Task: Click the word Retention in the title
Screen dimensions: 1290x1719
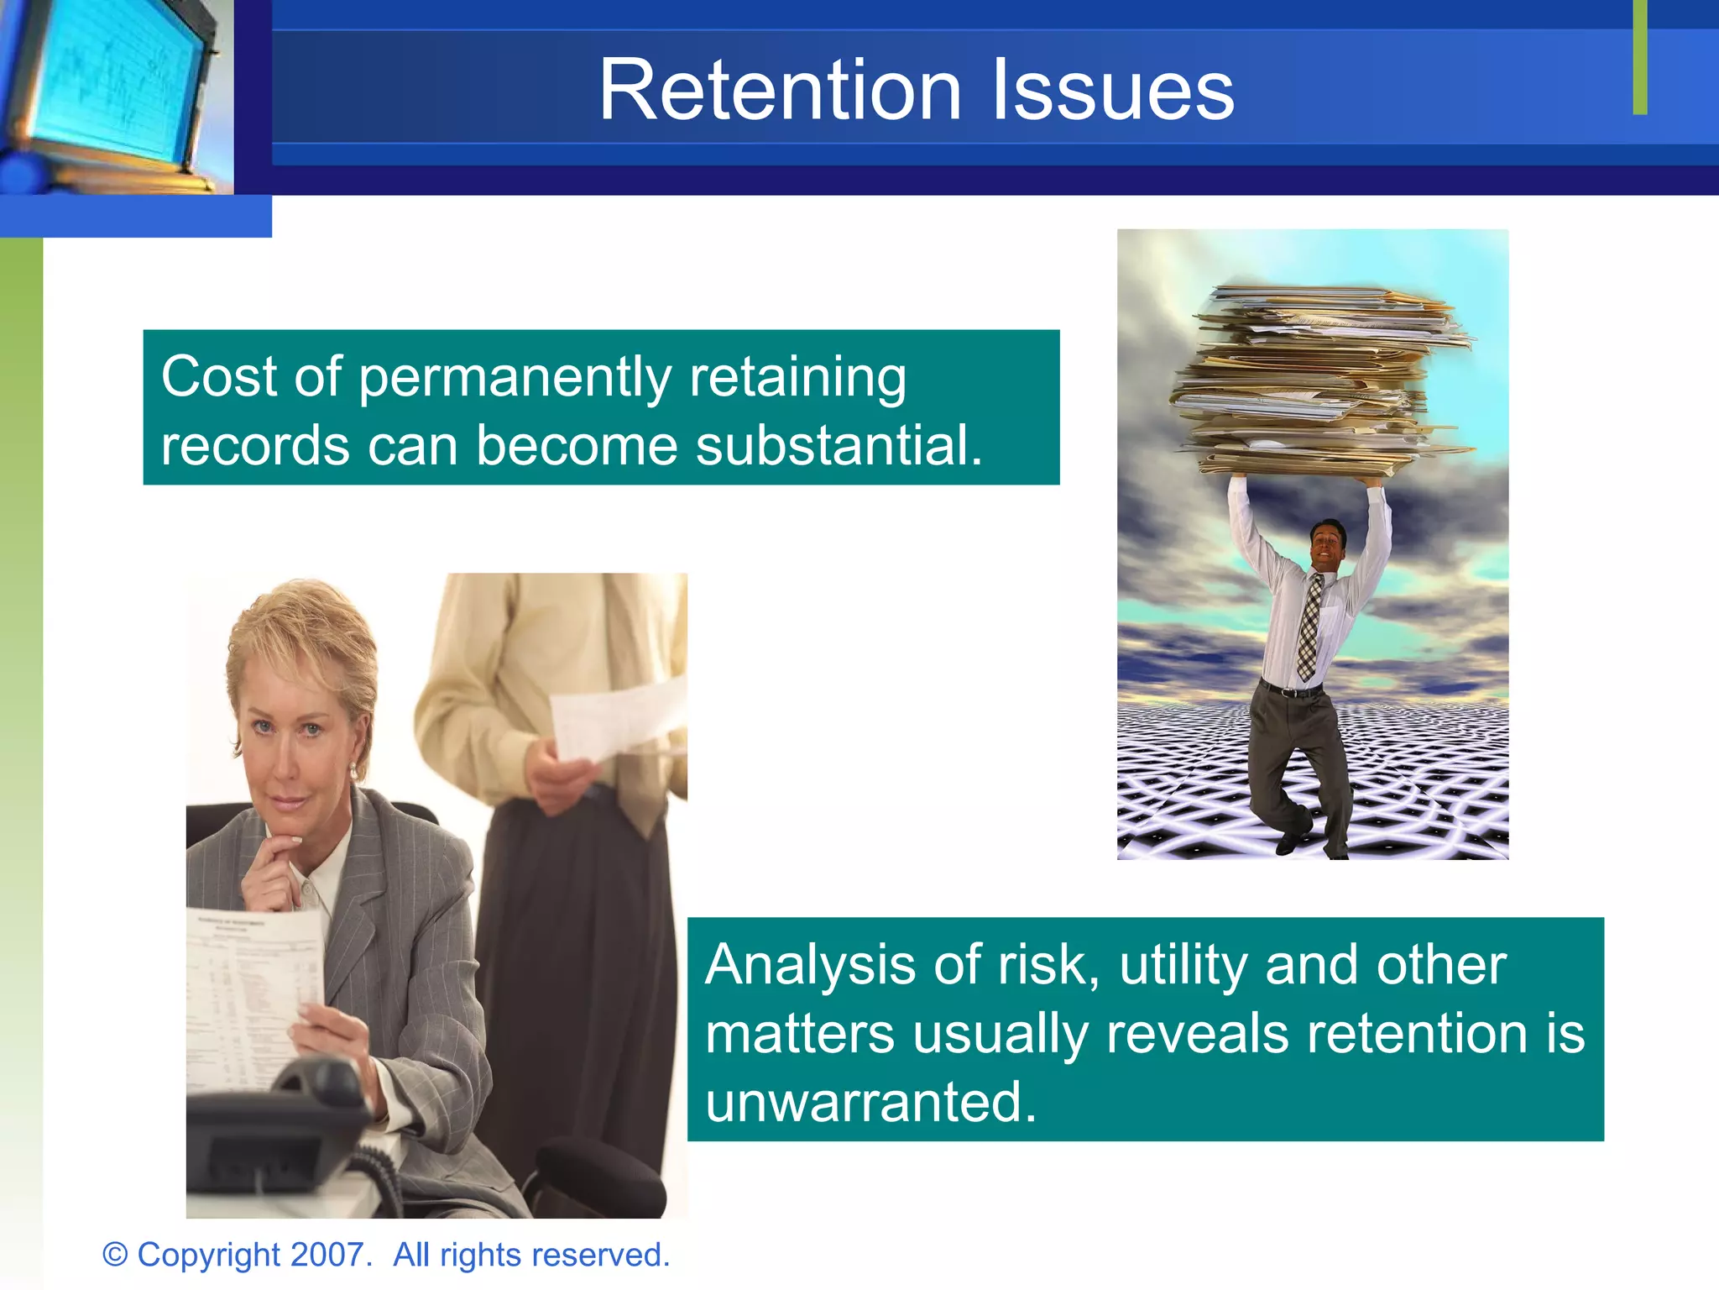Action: point(780,90)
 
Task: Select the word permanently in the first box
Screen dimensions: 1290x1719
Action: point(515,377)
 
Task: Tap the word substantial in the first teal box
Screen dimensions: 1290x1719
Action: point(838,445)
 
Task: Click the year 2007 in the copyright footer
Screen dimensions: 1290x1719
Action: point(327,1255)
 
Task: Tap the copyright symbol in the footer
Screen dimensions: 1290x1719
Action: point(115,1255)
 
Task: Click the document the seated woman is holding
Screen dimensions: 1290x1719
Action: point(252,991)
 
